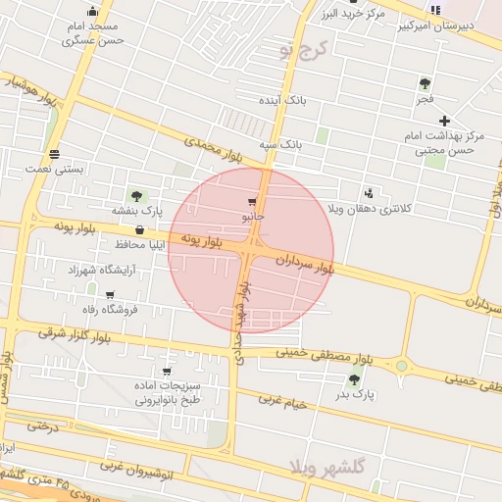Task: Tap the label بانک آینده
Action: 283,101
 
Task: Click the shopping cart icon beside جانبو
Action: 253,200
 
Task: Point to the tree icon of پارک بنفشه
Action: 136,195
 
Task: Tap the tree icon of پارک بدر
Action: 354,379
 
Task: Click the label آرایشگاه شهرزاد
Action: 98,269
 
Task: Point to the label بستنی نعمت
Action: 55,169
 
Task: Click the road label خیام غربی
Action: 284,402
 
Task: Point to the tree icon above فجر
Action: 425,84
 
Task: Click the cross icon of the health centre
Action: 444,120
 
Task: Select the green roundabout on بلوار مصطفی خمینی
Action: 401,367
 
